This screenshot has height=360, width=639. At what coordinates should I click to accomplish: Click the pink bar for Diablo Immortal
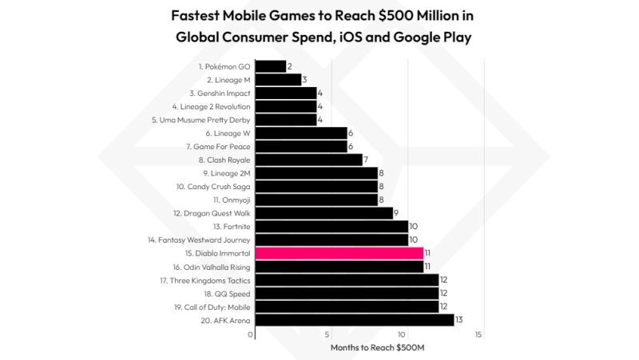click(339, 253)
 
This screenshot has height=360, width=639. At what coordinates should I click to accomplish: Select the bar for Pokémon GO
click(271, 66)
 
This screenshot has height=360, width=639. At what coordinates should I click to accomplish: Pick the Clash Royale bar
click(309, 160)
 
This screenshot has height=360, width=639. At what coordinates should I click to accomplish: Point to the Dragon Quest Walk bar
click(324, 213)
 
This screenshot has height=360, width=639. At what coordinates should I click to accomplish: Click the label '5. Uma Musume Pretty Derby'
click(200, 120)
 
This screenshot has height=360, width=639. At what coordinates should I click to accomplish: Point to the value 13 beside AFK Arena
click(460, 320)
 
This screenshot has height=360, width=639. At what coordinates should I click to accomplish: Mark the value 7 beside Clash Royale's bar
click(366, 160)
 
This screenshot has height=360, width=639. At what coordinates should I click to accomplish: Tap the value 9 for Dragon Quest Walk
click(397, 213)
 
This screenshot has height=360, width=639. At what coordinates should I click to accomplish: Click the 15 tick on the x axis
click(478, 335)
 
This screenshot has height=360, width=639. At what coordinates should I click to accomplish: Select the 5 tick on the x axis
click(327, 335)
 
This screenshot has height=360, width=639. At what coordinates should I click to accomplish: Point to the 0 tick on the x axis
click(251, 335)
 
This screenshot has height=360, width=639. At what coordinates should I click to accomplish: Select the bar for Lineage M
click(279, 80)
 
